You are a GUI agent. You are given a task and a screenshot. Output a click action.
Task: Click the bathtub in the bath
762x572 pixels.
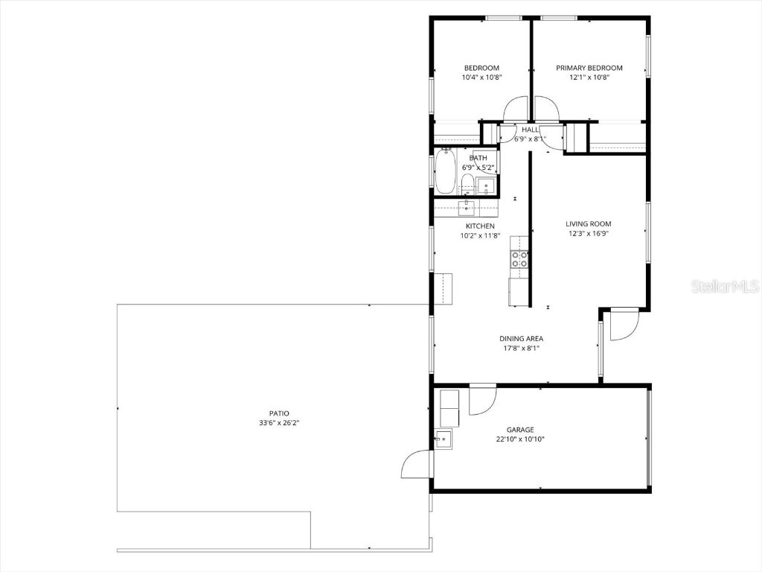[446, 172]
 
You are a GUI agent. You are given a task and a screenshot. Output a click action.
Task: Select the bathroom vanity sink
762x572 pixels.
[487, 184]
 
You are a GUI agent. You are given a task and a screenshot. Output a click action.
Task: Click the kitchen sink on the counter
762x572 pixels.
[468, 206]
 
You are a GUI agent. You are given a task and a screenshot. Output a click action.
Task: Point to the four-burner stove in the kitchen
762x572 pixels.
[519, 258]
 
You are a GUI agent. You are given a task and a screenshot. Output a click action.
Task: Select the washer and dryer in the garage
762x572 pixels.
[449, 408]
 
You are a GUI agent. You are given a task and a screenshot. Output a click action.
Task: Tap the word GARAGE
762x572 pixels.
[520, 430]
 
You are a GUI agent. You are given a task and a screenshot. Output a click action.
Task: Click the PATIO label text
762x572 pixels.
[279, 413]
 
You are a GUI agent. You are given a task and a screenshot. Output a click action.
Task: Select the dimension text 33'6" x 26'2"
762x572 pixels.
[279, 423]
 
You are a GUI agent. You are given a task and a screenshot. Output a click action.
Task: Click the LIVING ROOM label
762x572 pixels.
[588, 223]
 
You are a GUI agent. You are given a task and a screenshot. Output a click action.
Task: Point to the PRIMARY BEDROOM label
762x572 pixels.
[589, 68]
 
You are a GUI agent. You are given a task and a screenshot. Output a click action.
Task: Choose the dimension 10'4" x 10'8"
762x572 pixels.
[481, 77]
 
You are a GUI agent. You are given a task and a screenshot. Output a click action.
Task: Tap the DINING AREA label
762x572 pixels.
[521, 338]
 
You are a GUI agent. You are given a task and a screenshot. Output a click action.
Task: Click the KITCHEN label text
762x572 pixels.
[480, 226]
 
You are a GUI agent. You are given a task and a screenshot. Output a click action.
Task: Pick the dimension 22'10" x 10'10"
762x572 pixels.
[520, 439]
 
